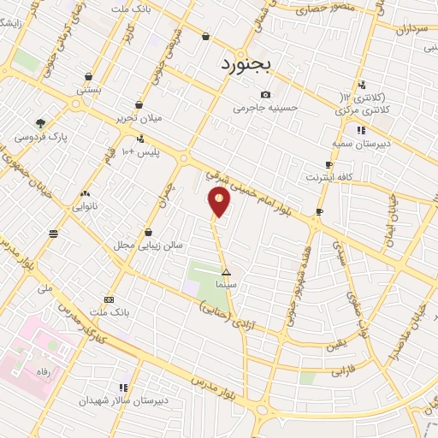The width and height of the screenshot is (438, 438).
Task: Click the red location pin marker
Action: (x=220, y=202)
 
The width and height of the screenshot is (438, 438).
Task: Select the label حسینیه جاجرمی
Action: (x=265, y=108)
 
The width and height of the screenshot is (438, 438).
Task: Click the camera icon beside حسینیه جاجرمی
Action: (x=265, y=94)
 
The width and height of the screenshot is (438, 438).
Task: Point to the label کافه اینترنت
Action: (x=329, y=177)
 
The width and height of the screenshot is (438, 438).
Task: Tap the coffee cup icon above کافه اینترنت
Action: (x=328, y=164)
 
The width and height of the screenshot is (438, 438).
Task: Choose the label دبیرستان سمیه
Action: (x=361, y=143)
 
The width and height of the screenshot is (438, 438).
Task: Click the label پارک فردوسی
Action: (x=40, y=136)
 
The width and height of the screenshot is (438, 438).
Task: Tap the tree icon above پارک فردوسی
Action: (x=40, y=123)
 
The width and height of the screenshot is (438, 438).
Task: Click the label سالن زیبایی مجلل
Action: (x=149, y=245)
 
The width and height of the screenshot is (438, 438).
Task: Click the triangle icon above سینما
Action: (x=226, y=272)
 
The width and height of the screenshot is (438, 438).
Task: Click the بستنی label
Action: (x=89, y=88)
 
